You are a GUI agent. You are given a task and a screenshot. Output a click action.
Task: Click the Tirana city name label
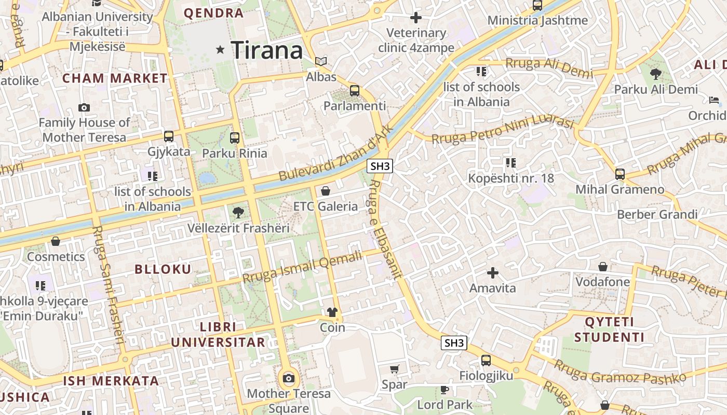point(267,50)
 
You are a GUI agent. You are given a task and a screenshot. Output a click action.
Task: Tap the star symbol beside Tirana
point(221,50)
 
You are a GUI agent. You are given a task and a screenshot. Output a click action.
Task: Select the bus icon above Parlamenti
point(355,91)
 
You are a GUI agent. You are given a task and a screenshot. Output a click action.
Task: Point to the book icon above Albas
point(321,62)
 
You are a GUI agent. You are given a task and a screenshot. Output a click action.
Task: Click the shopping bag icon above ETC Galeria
point(326,191)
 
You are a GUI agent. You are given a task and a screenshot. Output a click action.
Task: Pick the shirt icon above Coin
point(332,312)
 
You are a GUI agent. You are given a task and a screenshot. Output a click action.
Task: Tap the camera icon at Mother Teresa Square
point(289,378)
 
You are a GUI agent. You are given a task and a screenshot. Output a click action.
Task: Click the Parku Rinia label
point(235,153)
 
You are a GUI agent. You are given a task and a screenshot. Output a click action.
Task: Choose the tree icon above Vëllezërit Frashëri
point(238,212)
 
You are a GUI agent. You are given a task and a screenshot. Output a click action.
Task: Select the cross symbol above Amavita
point(493,272)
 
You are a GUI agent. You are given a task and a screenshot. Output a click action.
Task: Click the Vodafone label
point(602,282)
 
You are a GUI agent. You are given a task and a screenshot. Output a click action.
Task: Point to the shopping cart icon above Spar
point(395,369)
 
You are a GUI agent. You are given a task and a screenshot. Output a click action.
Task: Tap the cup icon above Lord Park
point(445,389)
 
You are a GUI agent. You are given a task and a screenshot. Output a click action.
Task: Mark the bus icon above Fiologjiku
point(486,360)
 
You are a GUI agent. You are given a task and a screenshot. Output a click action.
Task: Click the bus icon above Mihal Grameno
point(620,174)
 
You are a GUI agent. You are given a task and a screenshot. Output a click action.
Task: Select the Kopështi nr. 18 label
point(511,178)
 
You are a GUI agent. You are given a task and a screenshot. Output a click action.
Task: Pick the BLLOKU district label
point(163,269)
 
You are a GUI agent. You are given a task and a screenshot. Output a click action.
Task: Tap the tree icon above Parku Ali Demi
point(656,74)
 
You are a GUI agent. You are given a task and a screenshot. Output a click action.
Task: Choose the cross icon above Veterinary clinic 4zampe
point(416,18)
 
